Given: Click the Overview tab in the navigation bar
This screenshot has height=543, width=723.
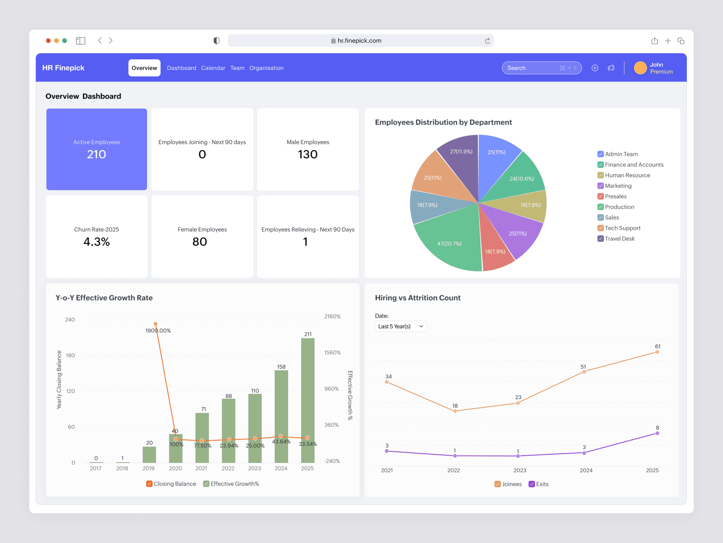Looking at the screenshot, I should (144, 68).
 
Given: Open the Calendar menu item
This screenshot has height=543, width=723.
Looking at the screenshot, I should (213, 68).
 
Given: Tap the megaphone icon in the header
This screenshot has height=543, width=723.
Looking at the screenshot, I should (611, 68).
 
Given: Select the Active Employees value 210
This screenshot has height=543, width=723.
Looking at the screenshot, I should (96, 154).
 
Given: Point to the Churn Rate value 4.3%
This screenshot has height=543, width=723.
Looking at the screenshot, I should (96, 242).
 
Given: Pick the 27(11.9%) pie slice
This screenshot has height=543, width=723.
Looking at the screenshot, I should (460, 156).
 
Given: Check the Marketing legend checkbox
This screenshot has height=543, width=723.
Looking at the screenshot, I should (600, 186).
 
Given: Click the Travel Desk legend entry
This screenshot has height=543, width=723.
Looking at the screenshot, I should (619, 239).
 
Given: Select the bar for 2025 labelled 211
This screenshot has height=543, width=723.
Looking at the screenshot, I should (308, 399).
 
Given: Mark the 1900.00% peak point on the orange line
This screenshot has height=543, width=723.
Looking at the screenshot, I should (156, 324).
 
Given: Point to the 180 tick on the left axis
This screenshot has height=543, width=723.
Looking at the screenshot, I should (70, 355).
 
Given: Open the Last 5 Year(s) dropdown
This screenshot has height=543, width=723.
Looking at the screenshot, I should (400, 326).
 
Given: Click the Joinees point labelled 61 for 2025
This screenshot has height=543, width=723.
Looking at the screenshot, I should (657, 352).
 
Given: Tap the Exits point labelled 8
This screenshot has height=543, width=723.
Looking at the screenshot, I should (657, 433).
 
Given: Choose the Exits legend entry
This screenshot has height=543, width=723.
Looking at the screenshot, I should (538, 484).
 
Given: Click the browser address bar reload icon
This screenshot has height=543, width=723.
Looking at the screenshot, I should (487, 41).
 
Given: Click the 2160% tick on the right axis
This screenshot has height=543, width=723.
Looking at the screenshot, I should (332, 316).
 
